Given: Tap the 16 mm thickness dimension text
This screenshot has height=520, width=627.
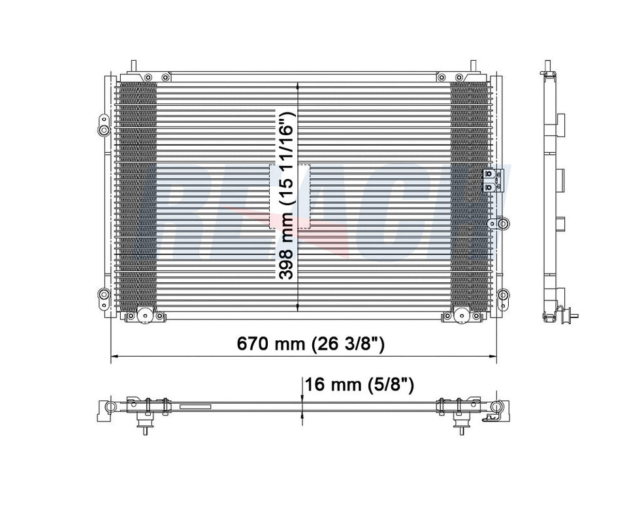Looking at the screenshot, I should coord(359,385).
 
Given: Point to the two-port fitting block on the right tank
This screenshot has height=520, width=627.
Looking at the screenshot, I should coord(492,180).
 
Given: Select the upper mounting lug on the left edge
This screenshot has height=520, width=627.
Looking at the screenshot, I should coord(103,125).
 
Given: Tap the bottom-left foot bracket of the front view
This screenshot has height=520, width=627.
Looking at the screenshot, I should coord(144,316).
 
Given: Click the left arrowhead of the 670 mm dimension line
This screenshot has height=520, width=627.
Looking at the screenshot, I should coord(114,357).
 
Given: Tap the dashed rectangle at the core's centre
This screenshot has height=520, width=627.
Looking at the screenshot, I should coord(290,196).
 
